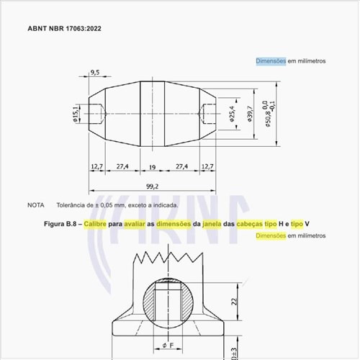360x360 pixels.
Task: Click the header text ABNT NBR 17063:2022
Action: tap(65, 30)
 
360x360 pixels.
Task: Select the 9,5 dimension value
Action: tap(95, 73)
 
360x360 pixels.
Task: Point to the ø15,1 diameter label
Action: tap(76, 114)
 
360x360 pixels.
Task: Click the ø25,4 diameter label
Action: tap(232, 114)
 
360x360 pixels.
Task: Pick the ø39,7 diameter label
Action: tap(250, 114)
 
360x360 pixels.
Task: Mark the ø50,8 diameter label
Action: tap(268, 114)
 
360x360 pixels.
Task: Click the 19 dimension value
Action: tap(152, 166)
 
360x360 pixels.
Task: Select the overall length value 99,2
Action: tap(152, 186)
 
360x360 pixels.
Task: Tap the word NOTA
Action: tap(36, 205)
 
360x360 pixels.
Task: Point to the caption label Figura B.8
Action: tap(60, 224)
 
